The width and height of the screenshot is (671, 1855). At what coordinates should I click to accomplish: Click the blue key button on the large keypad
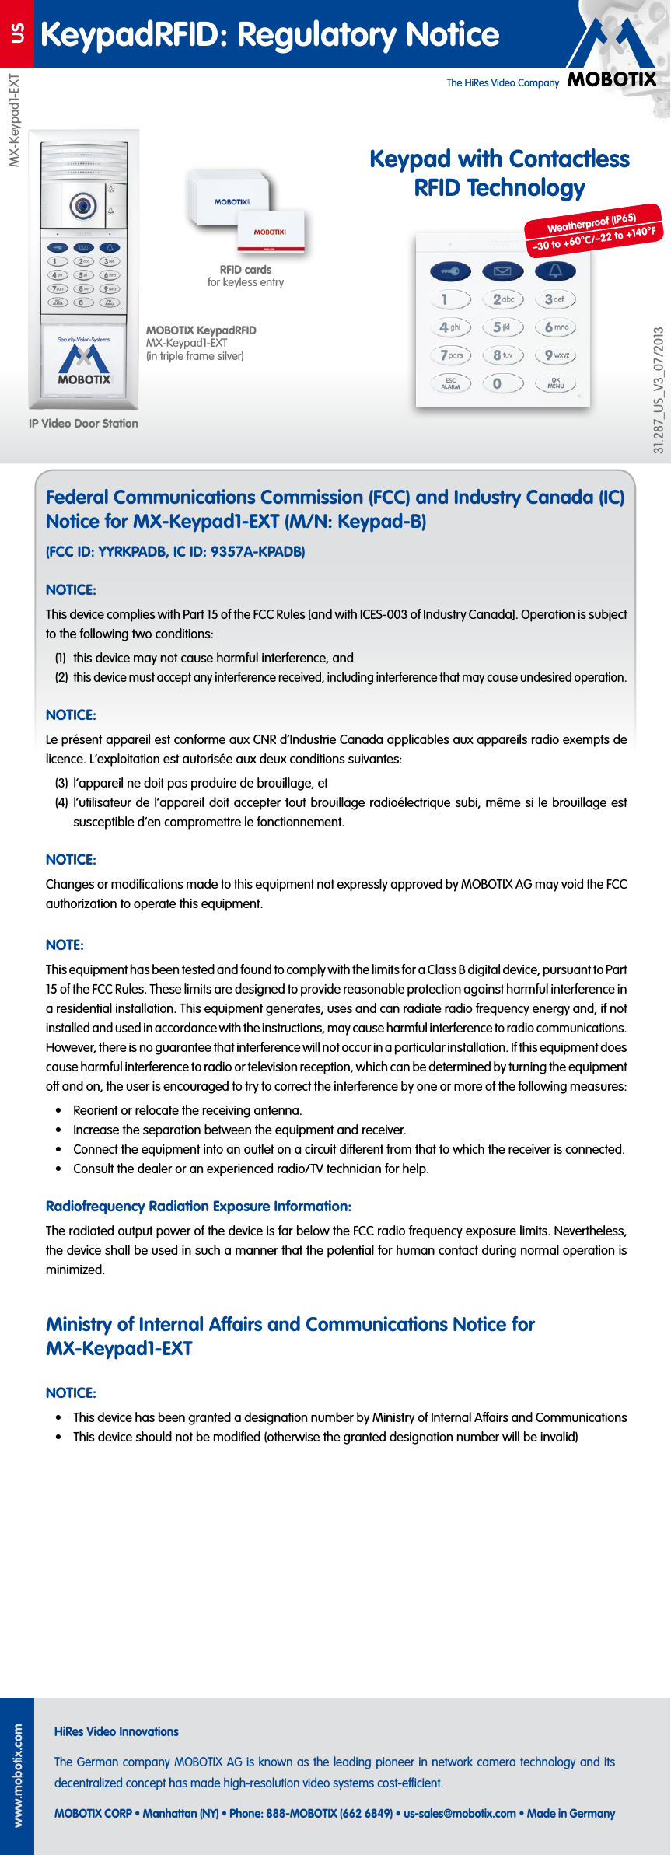pyautogui.click(x=450, y=271)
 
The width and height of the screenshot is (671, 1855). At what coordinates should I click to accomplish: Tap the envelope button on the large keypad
pyautogui.click(x=502, y=271)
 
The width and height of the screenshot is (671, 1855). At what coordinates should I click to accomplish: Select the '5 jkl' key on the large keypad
pyautogui.click(x=502, y=327)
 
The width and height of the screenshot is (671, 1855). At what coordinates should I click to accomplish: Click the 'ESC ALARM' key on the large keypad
pyautogui.click(x=450, y=383)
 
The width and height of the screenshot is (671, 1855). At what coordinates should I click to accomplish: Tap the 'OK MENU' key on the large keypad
pyautogui.click(x=555, y=383)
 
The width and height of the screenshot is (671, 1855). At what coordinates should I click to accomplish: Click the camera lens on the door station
pyautogui.click(x=83, y=205)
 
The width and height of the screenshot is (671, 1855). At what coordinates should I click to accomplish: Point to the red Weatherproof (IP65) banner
pyautogui.click(x=593, y=231)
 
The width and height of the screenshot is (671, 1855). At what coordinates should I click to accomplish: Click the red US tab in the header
pyautogui.click(x=16, y=33)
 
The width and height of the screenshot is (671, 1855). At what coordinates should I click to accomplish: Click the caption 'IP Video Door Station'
pyautogui.click(x=83, y=424)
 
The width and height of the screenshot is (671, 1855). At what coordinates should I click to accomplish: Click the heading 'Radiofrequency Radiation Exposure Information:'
pyautogui.click(x=198, y=1207)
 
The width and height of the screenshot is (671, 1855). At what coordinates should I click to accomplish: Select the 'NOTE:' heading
pyautogui.click(x=65, y=945)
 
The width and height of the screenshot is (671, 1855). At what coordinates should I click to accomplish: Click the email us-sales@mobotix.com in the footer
pyautogui.click(x=460, y=1814)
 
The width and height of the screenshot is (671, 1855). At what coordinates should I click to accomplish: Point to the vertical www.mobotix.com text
pyautogui.click(x=18, y=1776)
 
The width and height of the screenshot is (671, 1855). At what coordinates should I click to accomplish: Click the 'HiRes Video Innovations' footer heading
pyautogui.click(x=117, y=1732)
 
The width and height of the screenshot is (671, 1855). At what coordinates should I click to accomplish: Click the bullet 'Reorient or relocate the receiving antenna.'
pyautogui.click(x=187, y=1110)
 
